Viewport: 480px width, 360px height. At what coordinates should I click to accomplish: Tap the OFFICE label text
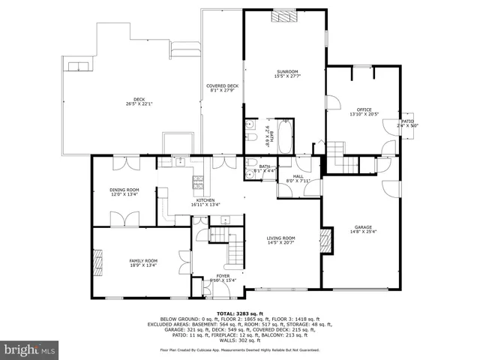pos(364,109)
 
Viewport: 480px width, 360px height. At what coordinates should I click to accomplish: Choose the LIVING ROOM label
pos(281,238)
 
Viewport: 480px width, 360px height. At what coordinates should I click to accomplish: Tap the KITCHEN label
pos(205,200)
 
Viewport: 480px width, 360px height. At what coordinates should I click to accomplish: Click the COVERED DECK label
pos(222,86)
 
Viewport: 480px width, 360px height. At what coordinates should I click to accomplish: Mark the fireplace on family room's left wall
pos(96,262)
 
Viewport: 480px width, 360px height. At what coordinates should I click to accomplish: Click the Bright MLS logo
pos(30,349)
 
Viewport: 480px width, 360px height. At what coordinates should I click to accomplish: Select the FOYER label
pos(223,275)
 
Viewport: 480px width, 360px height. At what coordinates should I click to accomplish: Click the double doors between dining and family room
pos(119,219)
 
